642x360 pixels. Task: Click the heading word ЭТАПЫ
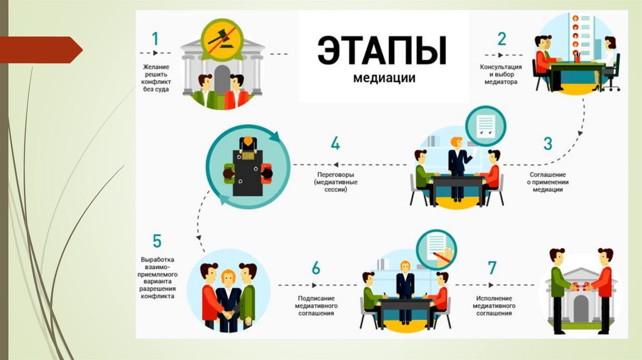(382, 51)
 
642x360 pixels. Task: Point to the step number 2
(502, 39)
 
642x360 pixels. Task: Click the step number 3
(547, 143)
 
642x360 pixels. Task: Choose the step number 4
(335, 143)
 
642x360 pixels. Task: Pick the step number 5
(157, 241)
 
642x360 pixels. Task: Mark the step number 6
(315, 268)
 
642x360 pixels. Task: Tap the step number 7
(492, 268)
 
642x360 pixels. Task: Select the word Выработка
(157, 259)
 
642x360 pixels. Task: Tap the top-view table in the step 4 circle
(248, 168)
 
